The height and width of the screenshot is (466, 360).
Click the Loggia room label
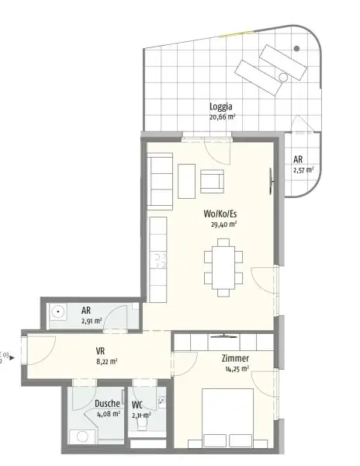point(221,107)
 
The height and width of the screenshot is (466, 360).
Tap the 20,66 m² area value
point(222,117)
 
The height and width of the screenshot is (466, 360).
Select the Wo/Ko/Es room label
point(221,214)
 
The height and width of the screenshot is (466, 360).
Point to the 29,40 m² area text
point(223,224)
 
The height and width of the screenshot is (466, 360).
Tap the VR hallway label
point(101,350)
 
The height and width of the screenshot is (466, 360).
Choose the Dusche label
point(107,404)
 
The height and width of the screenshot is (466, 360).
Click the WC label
point(137,405)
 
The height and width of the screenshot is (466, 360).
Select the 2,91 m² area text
point(92,320)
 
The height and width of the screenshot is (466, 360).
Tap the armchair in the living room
point(212,182)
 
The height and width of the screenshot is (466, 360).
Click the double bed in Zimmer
point(232,419)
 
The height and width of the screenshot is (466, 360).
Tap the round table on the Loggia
point(297,49)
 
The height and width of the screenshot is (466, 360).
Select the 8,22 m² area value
point(106,361)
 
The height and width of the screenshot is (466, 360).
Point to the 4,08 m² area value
point(108,414)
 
